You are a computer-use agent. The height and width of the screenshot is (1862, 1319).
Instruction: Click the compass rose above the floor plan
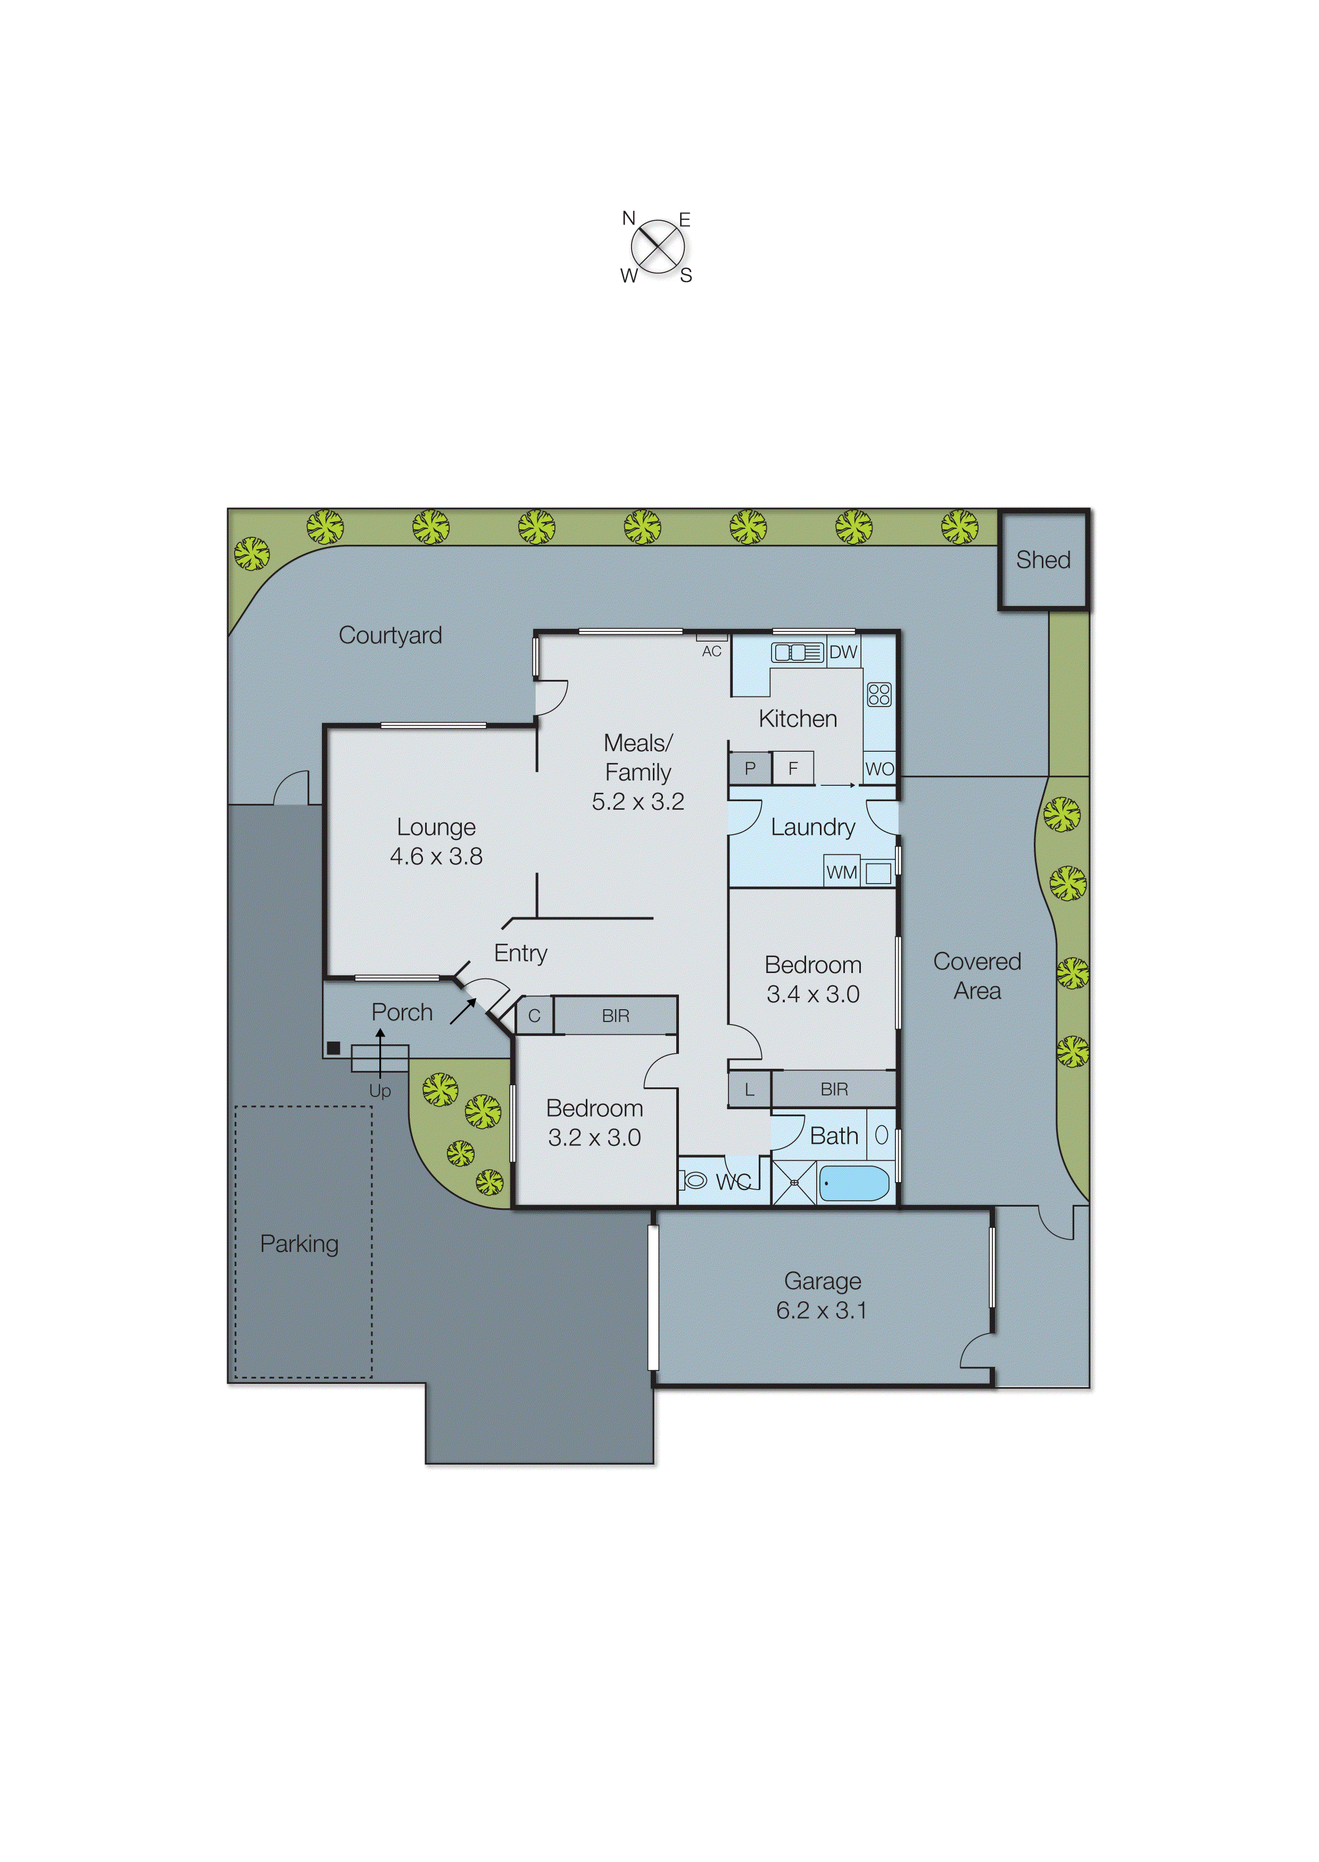657,247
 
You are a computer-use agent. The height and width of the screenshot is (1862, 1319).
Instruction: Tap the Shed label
1043,560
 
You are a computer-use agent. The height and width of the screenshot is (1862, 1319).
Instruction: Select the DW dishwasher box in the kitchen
843,652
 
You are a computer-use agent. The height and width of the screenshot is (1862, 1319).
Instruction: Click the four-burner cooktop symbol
880,694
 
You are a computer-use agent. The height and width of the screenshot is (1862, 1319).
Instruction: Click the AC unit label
711,651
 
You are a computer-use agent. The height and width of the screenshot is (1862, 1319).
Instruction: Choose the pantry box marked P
750,768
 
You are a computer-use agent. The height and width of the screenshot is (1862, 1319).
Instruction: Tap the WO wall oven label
880,769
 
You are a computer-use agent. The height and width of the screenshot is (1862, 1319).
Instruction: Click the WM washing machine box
841,872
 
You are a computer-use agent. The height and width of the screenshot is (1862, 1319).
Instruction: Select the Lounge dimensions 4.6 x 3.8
436,856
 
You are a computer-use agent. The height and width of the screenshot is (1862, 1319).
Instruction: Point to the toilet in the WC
696,1180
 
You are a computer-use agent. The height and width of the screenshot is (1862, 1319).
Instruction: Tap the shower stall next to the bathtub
793,1183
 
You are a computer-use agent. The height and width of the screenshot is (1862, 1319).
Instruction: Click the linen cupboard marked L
749,1090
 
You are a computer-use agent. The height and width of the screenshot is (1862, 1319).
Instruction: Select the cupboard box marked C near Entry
534,1016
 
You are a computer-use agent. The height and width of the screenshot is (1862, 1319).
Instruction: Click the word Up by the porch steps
380,1091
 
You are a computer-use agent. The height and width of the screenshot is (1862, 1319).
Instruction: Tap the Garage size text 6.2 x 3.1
821,1310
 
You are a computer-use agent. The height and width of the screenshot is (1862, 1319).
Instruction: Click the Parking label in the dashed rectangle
299,1243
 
